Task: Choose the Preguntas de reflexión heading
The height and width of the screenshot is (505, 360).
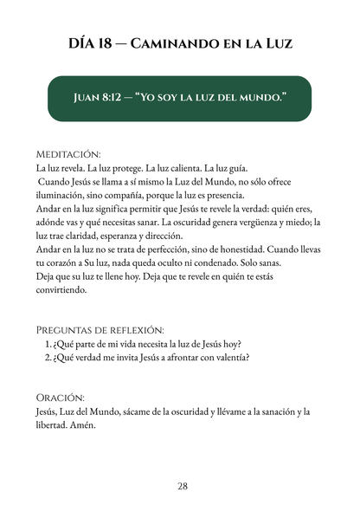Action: tap(100, 330)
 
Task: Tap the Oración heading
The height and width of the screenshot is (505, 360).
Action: tap(61, 397)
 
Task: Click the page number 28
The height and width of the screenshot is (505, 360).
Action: tap(182, 486)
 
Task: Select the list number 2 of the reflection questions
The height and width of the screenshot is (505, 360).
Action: tap(48, 359)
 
